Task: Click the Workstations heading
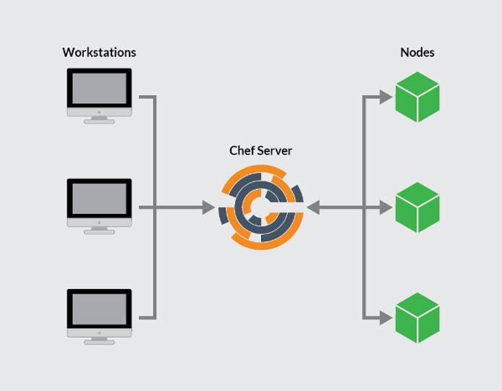tap(99, 52)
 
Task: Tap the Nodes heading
tap(417, 52)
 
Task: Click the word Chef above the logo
tap(242, 150)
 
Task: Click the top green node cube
tap(417, 97)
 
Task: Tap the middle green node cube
tap(417, 207)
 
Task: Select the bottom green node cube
tap(417, 318)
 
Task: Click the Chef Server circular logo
tap(260, 207)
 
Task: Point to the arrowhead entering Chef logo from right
tap(313, 208)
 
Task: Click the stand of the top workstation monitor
tap(99, 119)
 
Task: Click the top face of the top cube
tap(417, 83)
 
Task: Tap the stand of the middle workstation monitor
tap(99, 230)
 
